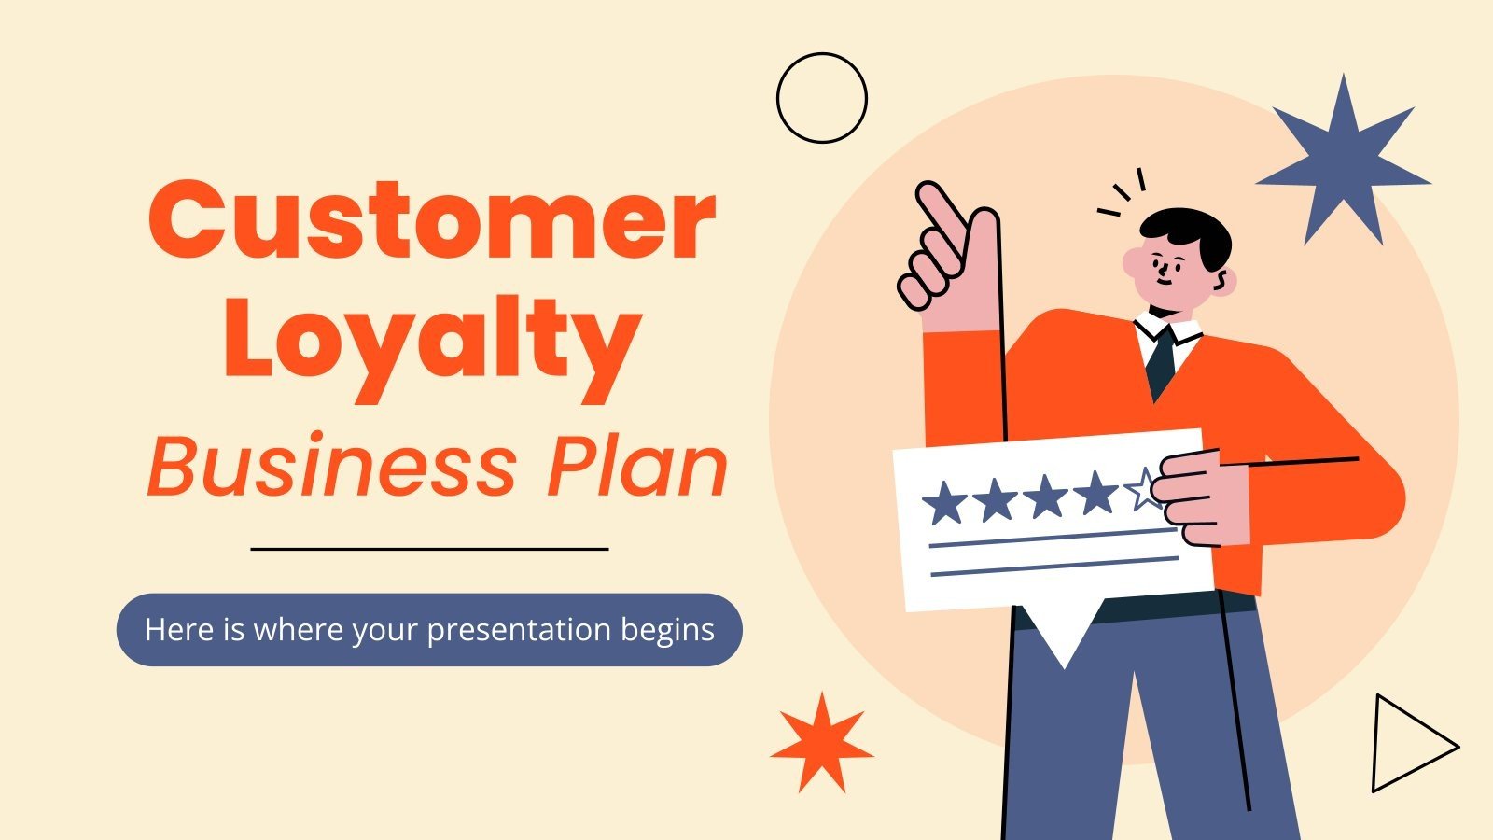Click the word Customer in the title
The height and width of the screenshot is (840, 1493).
[431, 220]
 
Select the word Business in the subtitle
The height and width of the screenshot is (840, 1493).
[331, 467]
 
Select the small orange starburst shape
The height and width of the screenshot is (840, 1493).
[821, 743]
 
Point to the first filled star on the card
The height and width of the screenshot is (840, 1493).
[944, 502]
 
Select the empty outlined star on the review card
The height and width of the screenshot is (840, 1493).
[1143, 489]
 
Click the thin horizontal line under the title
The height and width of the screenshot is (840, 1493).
[429, 549]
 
